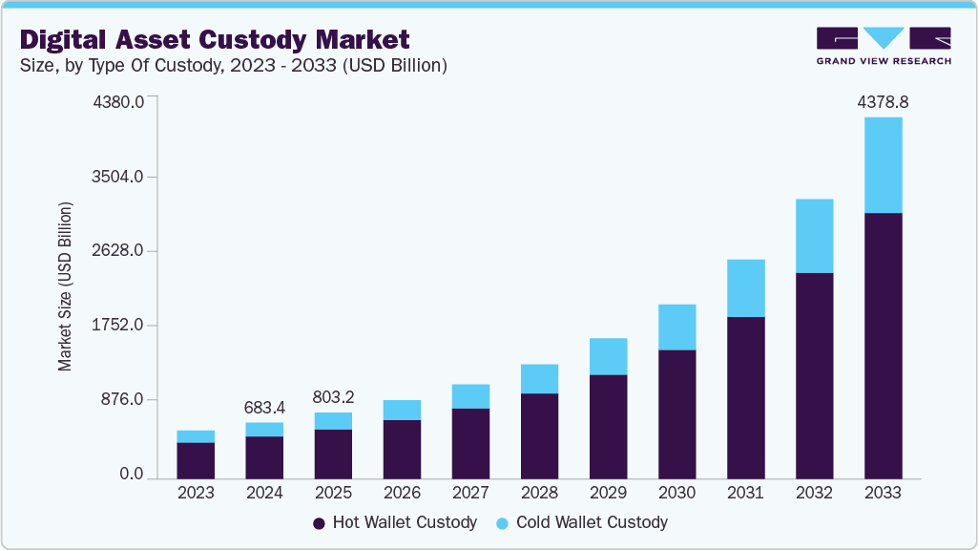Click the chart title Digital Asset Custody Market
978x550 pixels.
215,39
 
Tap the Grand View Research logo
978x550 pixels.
883,45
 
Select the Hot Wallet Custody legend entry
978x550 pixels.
394,522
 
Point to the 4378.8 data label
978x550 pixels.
883,100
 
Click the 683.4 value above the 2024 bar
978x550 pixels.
264,408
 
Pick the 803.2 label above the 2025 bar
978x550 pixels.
333,396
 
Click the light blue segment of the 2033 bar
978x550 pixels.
883,164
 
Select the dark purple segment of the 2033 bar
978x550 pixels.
883,344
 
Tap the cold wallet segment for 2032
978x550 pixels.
814,236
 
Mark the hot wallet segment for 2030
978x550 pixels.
676,413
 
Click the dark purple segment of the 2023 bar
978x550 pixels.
196,460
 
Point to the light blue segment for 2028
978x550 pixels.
539,379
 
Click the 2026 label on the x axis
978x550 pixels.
402,493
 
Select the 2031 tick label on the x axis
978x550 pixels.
745,493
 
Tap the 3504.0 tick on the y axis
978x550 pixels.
118,177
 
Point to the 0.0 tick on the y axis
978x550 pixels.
132,475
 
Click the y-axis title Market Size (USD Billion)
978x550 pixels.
66,286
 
